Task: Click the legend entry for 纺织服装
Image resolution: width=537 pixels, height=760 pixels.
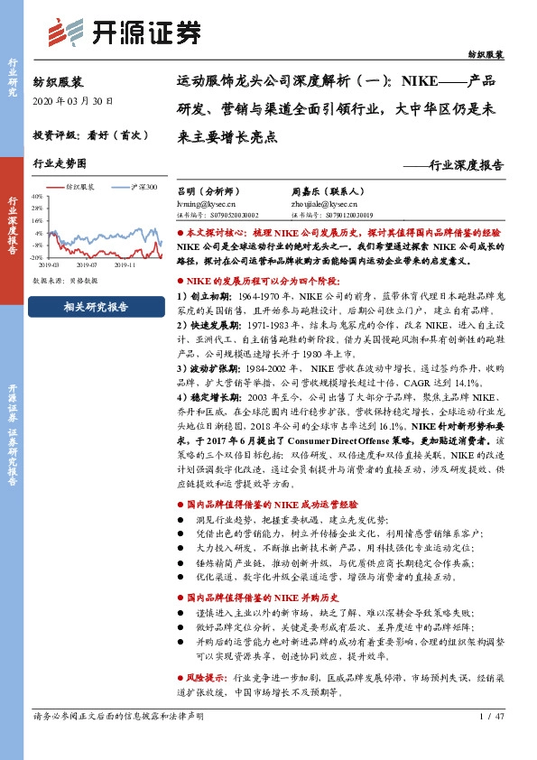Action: click(80, 187)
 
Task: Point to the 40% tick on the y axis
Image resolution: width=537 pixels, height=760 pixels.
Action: click(37, 195)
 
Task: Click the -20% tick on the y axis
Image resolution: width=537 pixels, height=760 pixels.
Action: click(37, 256)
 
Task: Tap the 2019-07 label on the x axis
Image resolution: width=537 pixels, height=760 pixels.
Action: click(87, 265)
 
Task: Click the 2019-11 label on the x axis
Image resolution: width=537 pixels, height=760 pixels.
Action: click(125, 265)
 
